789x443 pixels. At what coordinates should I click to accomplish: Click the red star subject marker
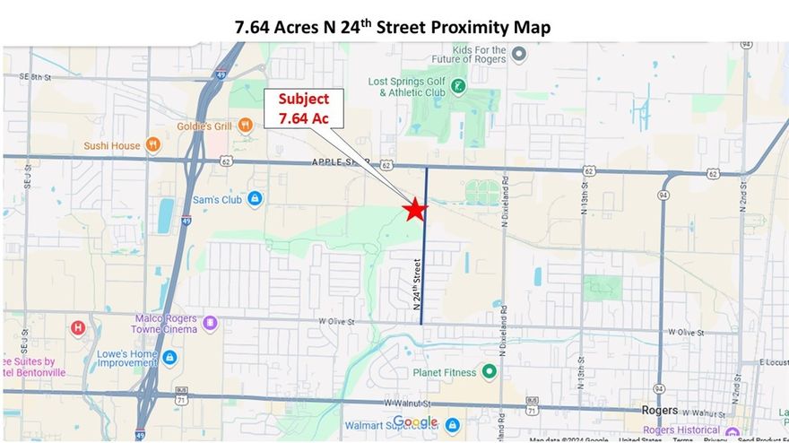(413, 209)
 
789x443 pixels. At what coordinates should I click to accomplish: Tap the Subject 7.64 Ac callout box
(303, 109)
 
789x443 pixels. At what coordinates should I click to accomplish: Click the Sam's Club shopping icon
(255, 198)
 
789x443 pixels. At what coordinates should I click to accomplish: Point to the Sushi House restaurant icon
(154, 144)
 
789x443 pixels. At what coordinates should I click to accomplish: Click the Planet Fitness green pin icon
(489, 371)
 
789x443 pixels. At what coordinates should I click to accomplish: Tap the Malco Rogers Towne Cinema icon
(210, 323)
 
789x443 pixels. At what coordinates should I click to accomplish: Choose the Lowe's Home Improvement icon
(169, 358)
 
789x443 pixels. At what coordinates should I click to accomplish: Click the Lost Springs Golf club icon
(458, 86)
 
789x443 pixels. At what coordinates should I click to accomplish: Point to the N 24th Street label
(417, 282)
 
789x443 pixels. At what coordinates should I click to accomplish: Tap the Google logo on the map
(415, 422)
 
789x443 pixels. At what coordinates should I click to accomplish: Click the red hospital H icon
(77, 328)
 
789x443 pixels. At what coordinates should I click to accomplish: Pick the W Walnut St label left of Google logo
(401, 404)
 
